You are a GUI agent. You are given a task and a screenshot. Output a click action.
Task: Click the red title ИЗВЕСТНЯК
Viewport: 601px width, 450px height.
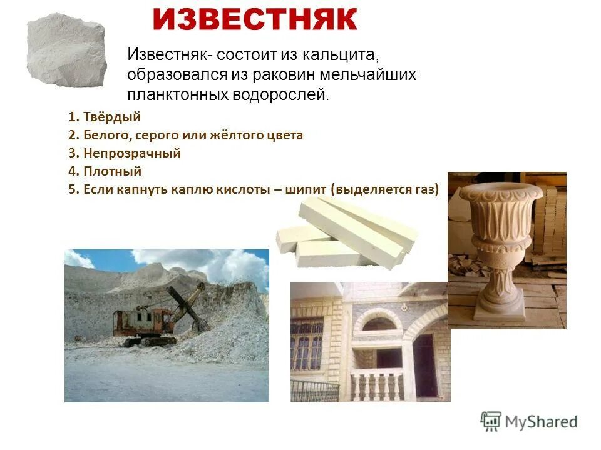[x=254, y=21]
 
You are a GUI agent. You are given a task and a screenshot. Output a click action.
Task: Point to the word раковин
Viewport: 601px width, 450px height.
[x=284, y=74]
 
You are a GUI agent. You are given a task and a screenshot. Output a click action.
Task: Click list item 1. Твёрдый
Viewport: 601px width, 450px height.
[x=105, y=116]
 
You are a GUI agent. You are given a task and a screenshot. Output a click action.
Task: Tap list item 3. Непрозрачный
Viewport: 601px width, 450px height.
[x=125, y=153]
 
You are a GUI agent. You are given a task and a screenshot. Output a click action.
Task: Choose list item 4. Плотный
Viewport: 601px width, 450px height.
[x=105, y=171]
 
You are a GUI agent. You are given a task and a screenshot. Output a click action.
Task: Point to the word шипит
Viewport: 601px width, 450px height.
[x=306, y=190]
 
